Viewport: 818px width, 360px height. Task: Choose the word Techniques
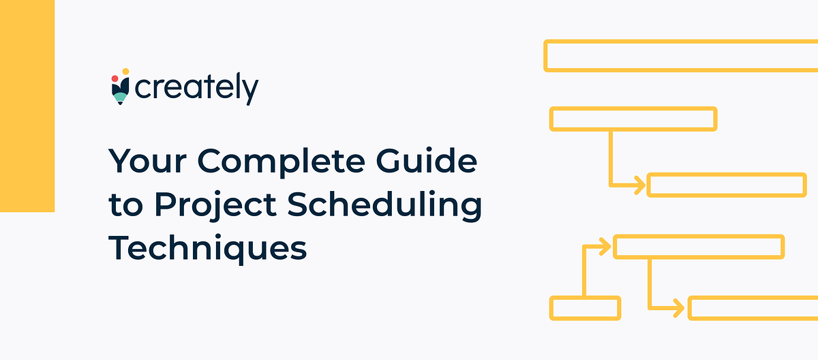(x=208, y=248)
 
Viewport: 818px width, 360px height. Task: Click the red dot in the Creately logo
(x=115, y=79)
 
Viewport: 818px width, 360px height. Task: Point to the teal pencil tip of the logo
(x=120, y=100)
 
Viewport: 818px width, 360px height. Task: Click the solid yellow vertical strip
(x=27, y=106)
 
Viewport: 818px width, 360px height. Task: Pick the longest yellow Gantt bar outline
(x=682, y=55)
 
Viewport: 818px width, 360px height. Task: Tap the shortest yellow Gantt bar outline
(x=585, y=308)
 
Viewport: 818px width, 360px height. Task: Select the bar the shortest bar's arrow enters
(x=699, y=246)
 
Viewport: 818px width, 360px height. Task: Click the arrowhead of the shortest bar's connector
(x=605, y=246)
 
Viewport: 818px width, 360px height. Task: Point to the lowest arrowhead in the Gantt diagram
(x=679, y=308)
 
